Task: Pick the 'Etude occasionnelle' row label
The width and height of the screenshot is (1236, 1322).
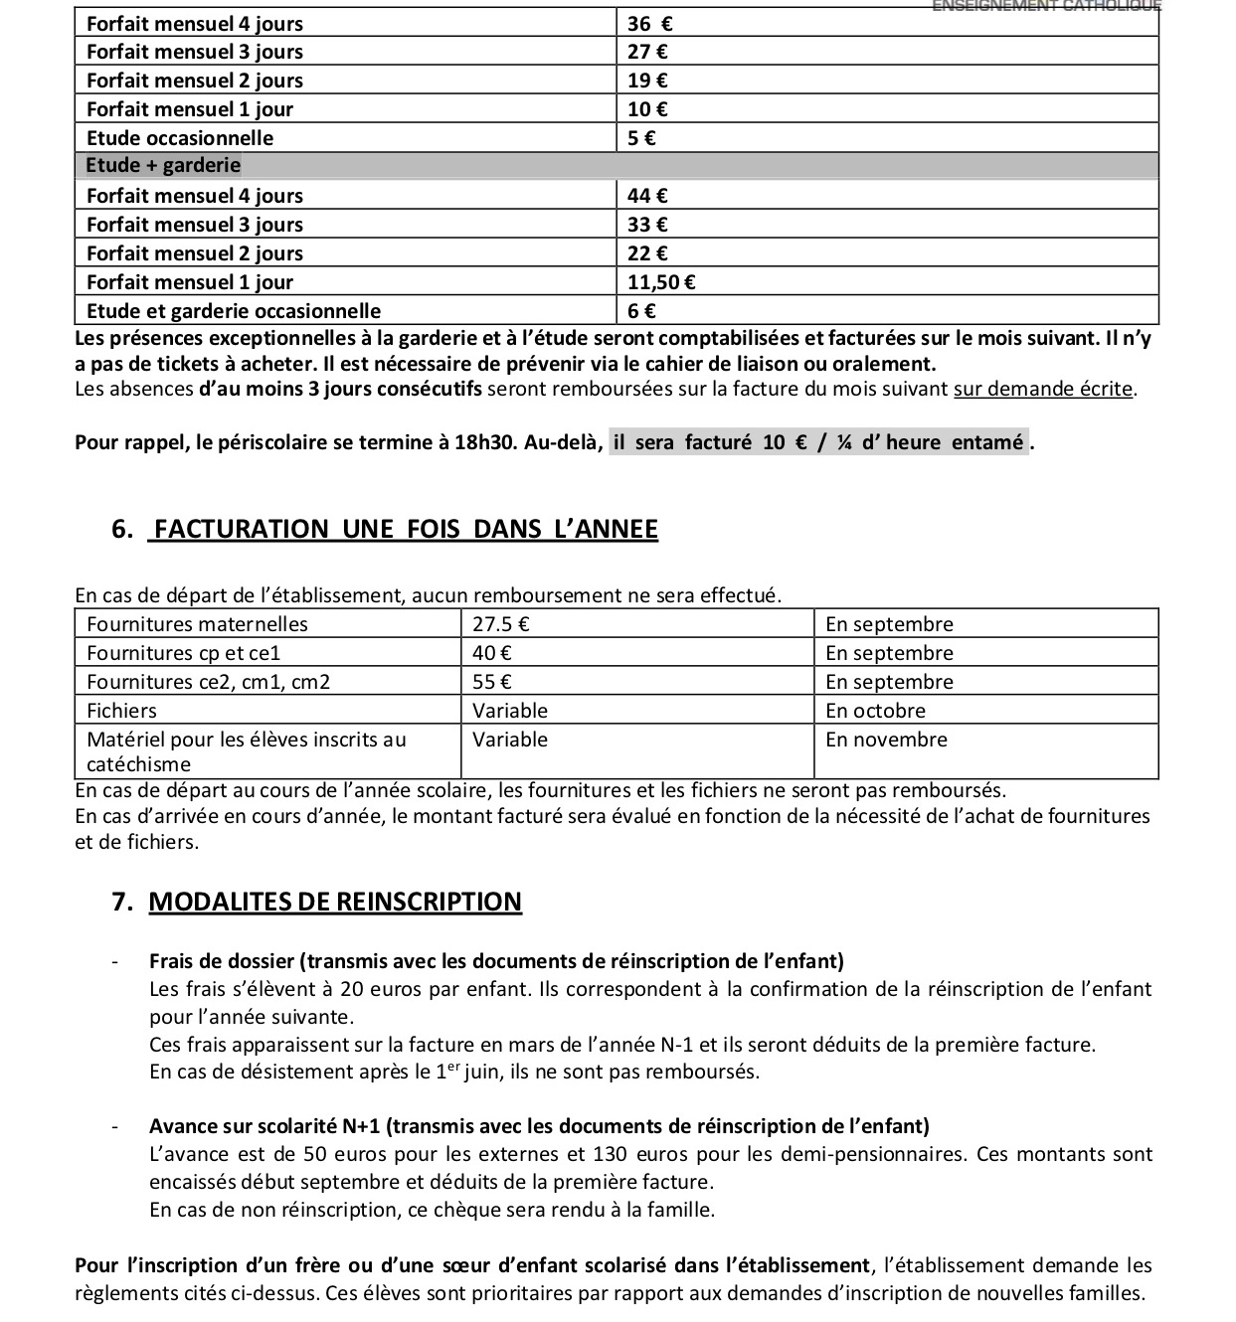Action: pyautogui.click(x=180, y=138)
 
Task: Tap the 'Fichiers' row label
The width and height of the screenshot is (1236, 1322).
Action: pyautogui.click(x=122, y=712)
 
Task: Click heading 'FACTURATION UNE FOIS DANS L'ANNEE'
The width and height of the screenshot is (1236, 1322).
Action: pyautogui.click(x=406, y=530)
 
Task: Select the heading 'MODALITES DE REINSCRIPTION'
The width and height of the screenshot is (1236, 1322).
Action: pyautogui.click(x=335, y=903)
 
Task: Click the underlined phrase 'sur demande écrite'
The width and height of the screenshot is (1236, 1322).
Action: pyautogui.click(x=1043, y=390)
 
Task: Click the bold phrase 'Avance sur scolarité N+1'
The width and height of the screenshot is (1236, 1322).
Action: pyautogui.click(x=265, y=1127)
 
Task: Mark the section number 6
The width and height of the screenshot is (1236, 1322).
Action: pyautogui.click(x=121, y=530)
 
